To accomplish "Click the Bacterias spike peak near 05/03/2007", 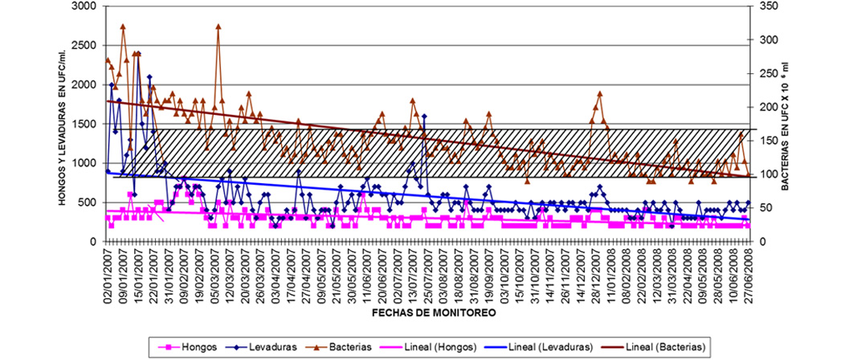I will (x=218, y=26).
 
